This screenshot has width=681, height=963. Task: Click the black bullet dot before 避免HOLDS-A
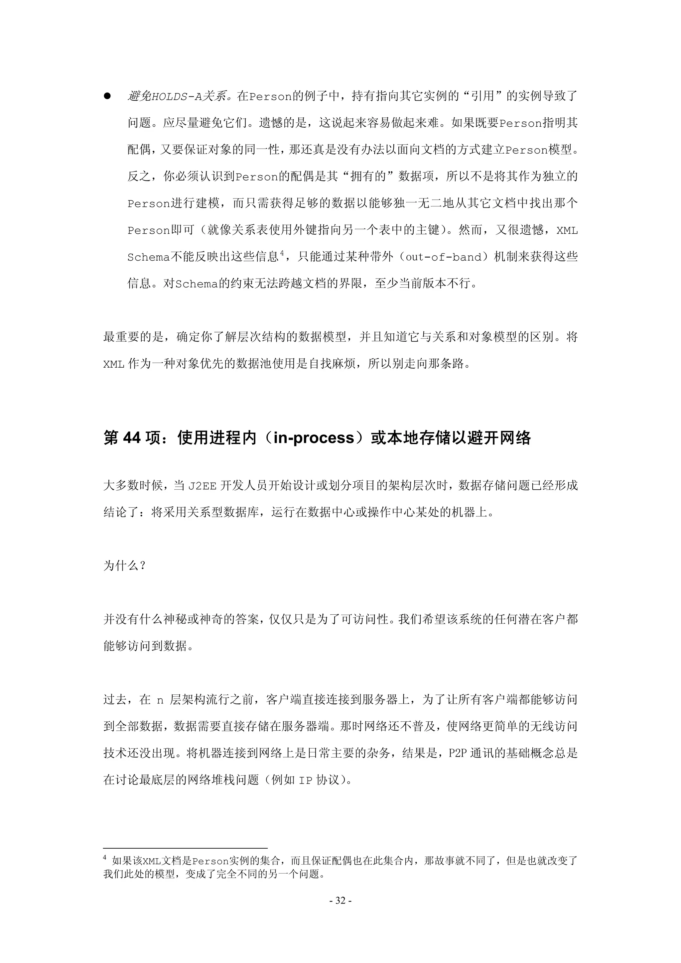click(107, 96)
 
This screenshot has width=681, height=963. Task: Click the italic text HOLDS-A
click(176, 97)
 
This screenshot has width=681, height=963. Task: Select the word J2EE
click(202, 486)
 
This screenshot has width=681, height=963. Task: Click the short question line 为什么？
click(124, 566)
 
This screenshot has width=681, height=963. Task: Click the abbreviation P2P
click(457, 753)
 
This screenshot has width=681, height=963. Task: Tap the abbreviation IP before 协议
click(305, 780)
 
